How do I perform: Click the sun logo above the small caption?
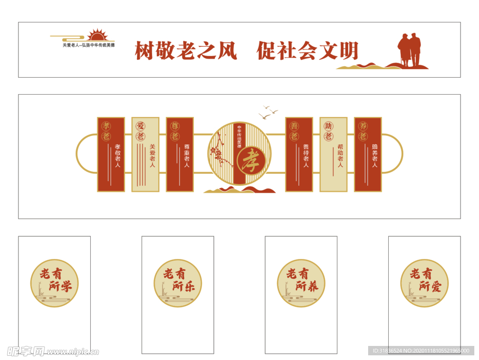(97, 35)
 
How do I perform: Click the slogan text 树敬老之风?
(186, 51)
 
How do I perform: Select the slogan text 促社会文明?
(307, 51)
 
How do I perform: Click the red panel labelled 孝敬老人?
(111, 154)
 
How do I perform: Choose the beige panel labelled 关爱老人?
(145, 154)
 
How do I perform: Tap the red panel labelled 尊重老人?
(180, 154)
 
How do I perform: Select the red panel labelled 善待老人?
(299, 154)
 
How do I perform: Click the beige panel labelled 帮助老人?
(334, 154)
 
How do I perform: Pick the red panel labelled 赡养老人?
(368, 154)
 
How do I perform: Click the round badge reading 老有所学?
(55, 283)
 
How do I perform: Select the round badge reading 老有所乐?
(178, 283)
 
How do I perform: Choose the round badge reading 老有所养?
(301, 283)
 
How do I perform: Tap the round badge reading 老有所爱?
(424, 283)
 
